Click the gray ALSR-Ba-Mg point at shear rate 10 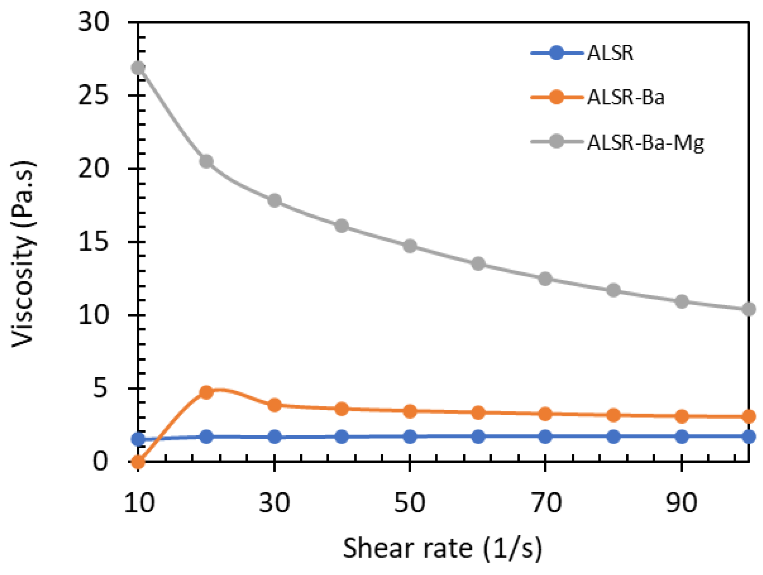click(138, 68)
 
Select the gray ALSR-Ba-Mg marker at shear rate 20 click(206, 161)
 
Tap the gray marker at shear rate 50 click(410, 246)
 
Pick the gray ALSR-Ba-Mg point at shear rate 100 click(749, 309)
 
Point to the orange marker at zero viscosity click(138, 462)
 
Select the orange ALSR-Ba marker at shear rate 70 click(545, 414)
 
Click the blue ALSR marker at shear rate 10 click(138, 439)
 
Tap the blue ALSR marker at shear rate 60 click(478, 437)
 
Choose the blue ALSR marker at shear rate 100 click(749, 437)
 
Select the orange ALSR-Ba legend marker click(556, 97)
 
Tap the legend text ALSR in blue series click(610, 53)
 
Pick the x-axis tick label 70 click(546, 503)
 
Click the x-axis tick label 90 click(681, 503)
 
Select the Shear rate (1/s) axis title click(443, 548)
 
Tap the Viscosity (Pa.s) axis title click(23, 254)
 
